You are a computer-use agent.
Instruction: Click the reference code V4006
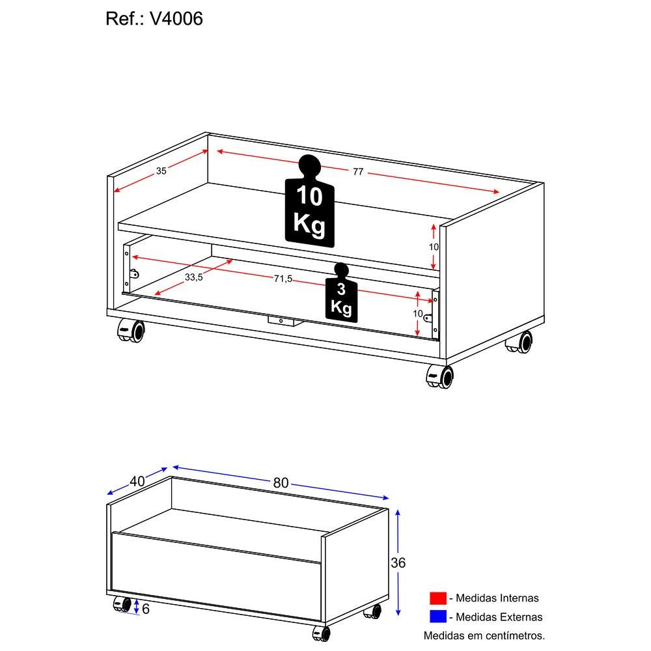click(176, 19)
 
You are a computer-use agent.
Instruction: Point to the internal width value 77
click(358, 172)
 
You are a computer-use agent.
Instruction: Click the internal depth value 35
click(161, 171)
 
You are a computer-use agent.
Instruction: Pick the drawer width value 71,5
click(283, 279)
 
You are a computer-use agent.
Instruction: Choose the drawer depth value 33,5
click(193, 277)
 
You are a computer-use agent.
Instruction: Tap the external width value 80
click(281, 483)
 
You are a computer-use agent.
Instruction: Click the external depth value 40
click(137, 482)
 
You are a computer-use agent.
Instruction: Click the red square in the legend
click(437, 598)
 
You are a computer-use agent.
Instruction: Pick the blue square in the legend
click(437, 616)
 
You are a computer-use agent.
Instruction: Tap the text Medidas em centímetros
click(484, 635)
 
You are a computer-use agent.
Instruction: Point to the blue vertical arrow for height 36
click(398, 562)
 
